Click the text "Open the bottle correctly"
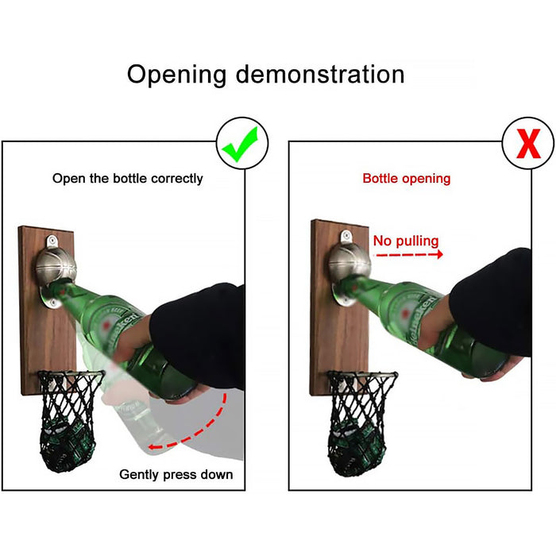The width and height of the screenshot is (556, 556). [x=128, y=178]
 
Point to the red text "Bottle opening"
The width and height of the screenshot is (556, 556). [x=406, y=178]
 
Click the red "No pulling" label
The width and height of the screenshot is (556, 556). [x=405, y=241]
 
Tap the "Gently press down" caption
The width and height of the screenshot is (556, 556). [x=176, y=474]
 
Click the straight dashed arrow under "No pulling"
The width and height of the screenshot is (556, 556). [x=408, y=256]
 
